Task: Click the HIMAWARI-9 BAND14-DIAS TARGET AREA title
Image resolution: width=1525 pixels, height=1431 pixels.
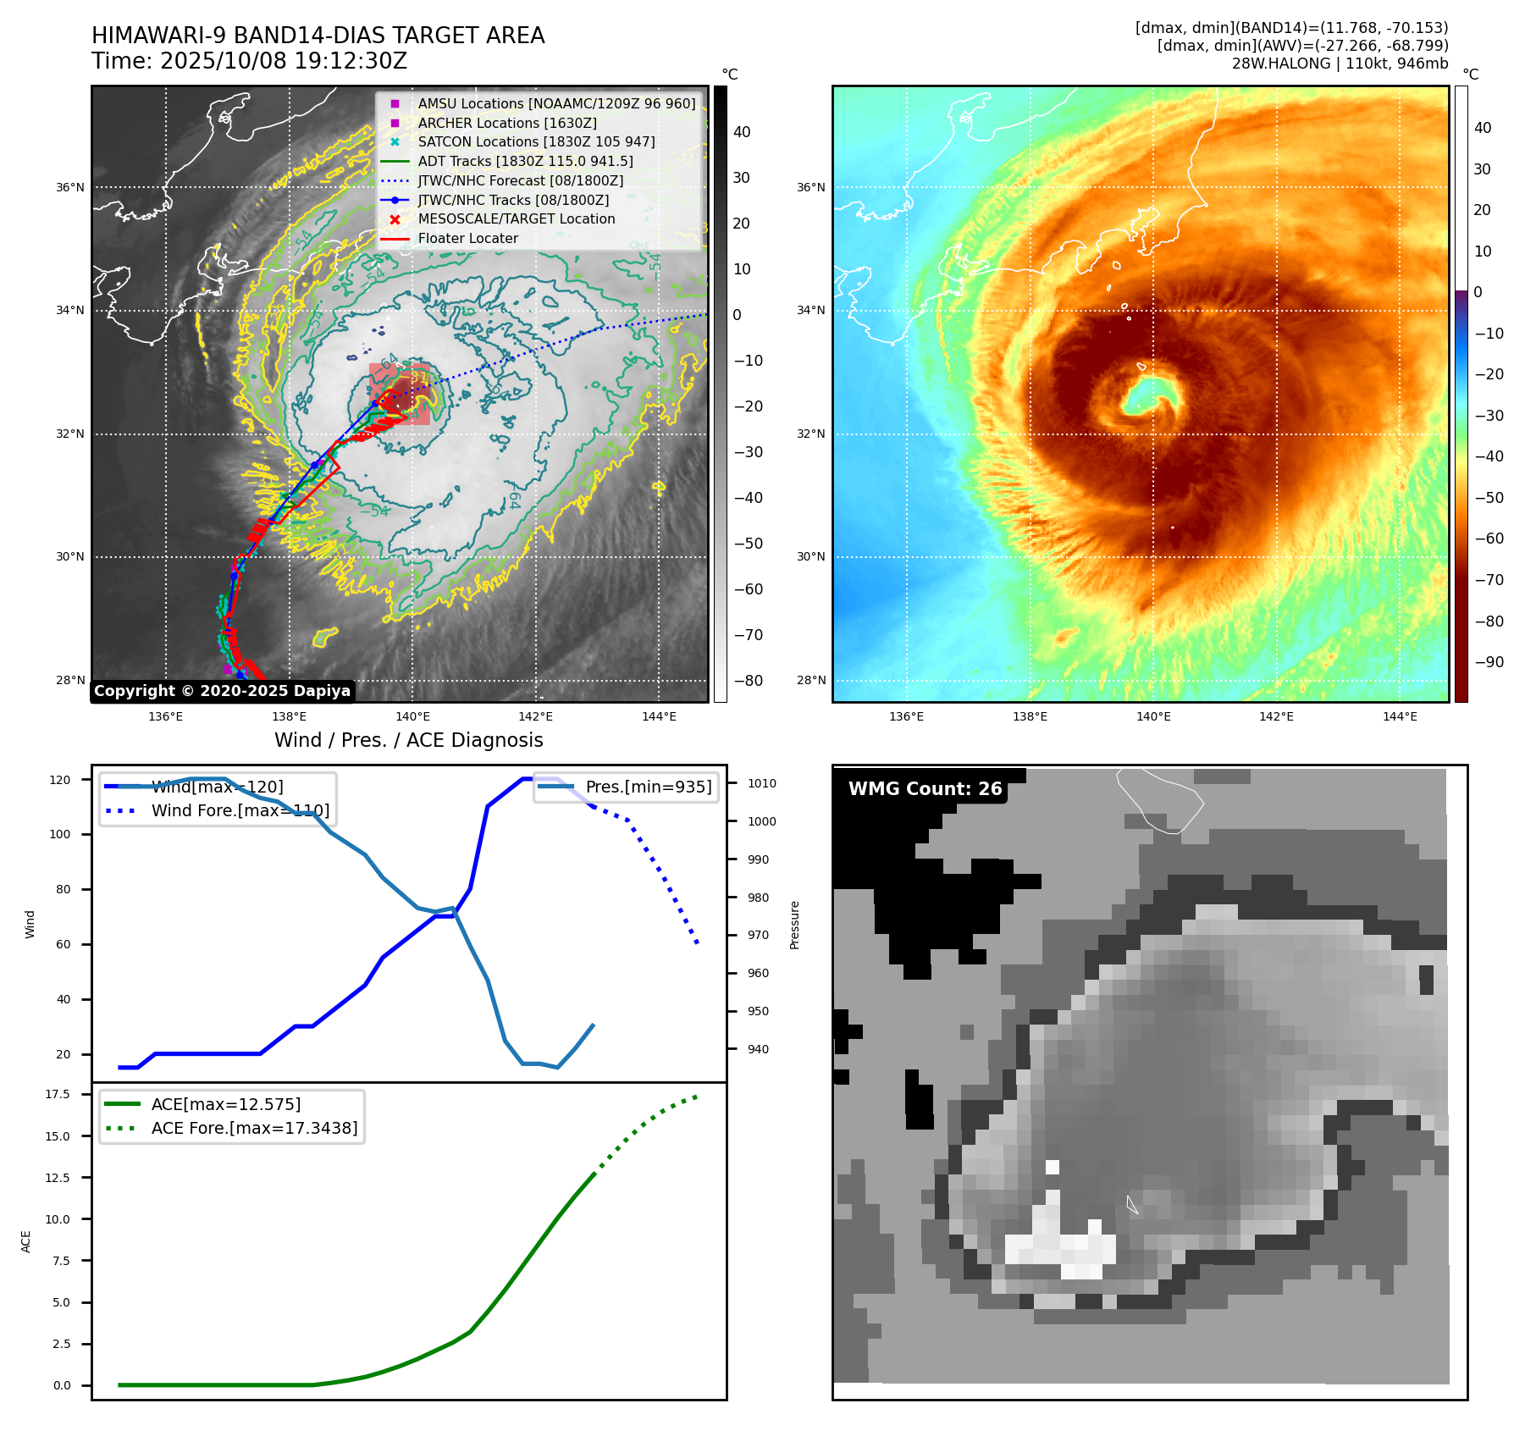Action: point(318,36)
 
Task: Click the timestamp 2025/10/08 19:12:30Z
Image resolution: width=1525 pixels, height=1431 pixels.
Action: point(283,61)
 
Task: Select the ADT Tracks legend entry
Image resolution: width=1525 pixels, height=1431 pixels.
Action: point(525,161)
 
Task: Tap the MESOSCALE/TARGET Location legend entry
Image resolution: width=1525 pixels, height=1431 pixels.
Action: point(516,218)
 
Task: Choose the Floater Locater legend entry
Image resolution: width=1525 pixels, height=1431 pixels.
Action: point(467,238)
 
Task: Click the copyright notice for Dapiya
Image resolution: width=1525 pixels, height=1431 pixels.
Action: point(222,691)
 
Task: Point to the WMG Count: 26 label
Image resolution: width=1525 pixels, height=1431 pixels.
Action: point(925,789)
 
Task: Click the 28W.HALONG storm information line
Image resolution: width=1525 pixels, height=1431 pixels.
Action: point(1340,64)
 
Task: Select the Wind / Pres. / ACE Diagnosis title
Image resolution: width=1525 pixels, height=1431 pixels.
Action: point(408,740)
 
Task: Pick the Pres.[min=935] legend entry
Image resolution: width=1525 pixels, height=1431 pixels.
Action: point(648,787)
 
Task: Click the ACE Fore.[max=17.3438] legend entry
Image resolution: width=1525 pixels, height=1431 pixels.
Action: point(254,1128)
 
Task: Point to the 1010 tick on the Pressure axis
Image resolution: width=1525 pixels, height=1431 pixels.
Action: point(761,783)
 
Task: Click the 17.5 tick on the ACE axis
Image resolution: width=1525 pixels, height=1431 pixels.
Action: point(58,1094)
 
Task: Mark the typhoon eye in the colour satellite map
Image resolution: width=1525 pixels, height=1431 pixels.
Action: point(1149,393)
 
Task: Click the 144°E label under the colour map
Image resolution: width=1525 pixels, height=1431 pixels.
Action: point(1400,716)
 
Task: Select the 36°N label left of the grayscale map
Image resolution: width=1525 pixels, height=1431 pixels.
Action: point(70,187)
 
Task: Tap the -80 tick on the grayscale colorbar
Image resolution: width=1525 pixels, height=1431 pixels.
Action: point(748,681)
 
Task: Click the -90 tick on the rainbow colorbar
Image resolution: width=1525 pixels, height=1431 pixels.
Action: point(1489,662)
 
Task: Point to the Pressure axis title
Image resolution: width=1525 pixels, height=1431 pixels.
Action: point(794,925)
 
